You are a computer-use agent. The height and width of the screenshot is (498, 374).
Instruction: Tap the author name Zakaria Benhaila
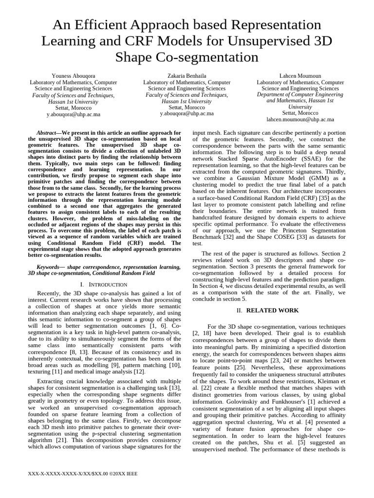pyautogui.click(x=187, y=76)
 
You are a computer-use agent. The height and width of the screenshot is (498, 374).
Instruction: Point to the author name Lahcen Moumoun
pyautogui.click(x=300, y=76)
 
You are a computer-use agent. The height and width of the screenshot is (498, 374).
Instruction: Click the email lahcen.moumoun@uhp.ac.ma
pyautogui.click(x=300, y=119)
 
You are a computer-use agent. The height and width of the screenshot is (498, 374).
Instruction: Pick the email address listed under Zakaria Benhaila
pyautogui.click(x=187, y=113)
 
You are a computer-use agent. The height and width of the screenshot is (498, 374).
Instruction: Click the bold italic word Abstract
pyautogui.click(x=47, y=133)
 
